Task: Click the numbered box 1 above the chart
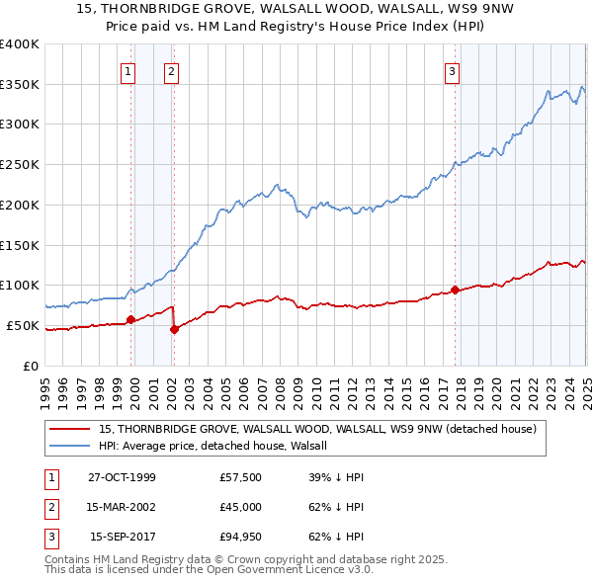pyautogui.click(x=129, y=71)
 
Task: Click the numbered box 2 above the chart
pyautogui.click(x=171, y=71)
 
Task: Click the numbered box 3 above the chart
pyautogui.click(x=452, y=71)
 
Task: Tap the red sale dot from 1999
pyautogui.click(x=131, y=319)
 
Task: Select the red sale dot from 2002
pyautogui.click(x=174, y=329)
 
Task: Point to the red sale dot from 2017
pyautogui.click(x=456, y=290)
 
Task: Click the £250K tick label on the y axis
pyautogui.click(x=19, y=165)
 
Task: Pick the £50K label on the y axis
pyautogui.click(x=23, y=325)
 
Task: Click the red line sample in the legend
pyautogui.click(x=70, y=429)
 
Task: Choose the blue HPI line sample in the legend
pyautogui.click(x=70, y=446)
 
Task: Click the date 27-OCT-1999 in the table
pyautogui.click(x=122, y=476)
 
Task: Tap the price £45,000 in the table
pyautogui.click(x=241, y=508)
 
